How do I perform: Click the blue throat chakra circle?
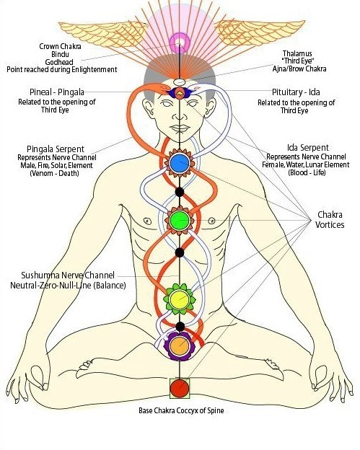180,163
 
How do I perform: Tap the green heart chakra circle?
180,221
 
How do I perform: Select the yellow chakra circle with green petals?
180,299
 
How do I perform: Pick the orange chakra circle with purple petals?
180,346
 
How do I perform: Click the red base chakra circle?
180,388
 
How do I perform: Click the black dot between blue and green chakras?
180,192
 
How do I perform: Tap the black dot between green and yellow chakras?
180,252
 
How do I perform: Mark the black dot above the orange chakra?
180,326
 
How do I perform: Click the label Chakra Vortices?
330,219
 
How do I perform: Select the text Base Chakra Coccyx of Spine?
181,410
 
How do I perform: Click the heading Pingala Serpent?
56,149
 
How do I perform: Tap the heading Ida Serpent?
308,148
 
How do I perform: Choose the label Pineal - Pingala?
57,92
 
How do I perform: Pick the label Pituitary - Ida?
296,92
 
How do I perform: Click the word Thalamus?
297,53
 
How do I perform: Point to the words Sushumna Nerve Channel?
68,275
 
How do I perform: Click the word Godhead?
59,62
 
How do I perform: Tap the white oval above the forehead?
180,82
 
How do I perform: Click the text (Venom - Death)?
54,173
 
